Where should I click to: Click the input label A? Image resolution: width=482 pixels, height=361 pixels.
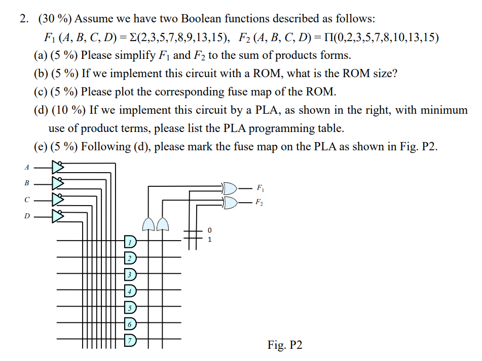tap(26, 166)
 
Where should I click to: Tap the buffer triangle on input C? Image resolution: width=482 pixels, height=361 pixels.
tap(58, 200)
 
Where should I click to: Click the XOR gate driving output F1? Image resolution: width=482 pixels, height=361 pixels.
tap(230, 188)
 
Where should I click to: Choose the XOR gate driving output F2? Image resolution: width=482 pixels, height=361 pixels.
tap(230, 203)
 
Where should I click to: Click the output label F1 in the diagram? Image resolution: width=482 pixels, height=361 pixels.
tap(259, 188)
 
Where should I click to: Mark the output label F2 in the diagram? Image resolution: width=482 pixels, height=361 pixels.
tap(259, 203)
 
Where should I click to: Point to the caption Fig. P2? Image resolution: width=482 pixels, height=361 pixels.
tap(285, 345)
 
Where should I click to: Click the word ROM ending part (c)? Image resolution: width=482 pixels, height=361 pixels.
tap(321, 92)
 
